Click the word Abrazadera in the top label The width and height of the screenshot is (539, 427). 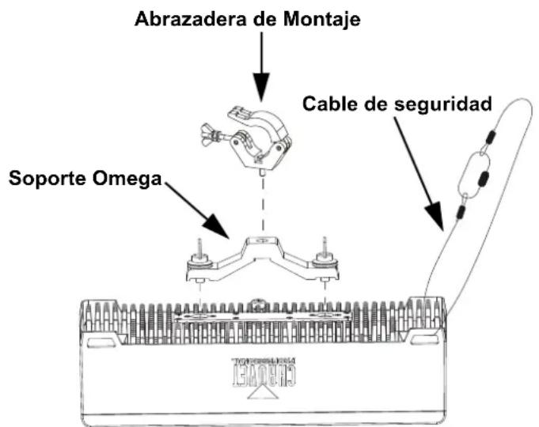click(x=191, y=18)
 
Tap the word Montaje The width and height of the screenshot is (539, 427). click(x=321, y=20)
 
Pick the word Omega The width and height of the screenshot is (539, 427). click(x=127, y=179)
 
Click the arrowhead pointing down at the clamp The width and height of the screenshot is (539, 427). click(x=262, y=87)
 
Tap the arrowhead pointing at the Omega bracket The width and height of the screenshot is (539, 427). click(x=217, y=227)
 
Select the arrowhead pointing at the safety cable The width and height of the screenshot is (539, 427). click(x=435, y=217)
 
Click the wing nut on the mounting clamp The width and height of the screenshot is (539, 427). click(x=208, y=134)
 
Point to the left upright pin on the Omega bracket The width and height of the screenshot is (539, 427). click(x=199, y=248)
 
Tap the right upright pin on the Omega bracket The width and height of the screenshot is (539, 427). click(x=325, y=247)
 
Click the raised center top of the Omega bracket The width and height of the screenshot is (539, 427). click(x=262, y=240)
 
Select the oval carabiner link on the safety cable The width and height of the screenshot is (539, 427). click(x=473, y=176)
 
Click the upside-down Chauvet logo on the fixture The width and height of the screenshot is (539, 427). click(x=264, y=372)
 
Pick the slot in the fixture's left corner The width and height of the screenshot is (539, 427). click(x=101, y=342)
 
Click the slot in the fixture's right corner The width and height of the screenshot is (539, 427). click(x=425, y=339)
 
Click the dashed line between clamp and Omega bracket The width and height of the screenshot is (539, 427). click(x=263, y=202)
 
